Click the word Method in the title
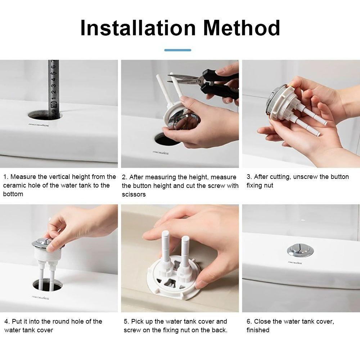242,28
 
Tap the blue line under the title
177,50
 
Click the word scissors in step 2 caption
134,194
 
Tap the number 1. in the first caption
6,177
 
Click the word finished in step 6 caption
258,330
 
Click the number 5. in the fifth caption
126,321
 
